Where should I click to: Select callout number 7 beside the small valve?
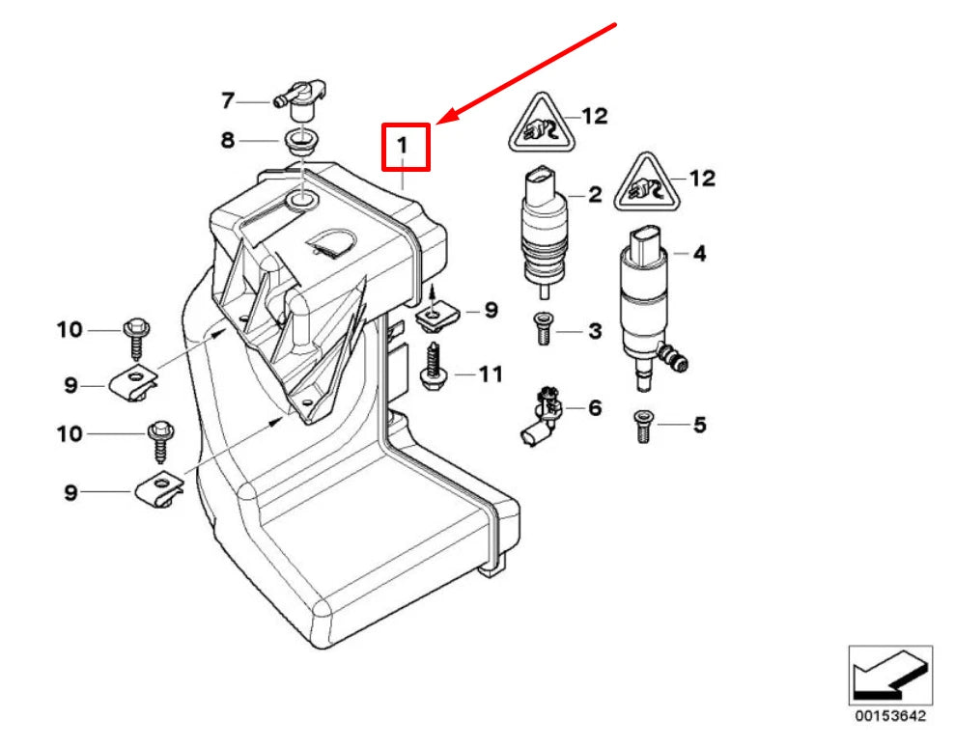[x=228, y=99]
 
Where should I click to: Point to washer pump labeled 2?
[x=545, y=228]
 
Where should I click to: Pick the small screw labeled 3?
[x=541, y=330]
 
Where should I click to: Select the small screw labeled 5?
[x=641, y=425]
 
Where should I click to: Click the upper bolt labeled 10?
[x=134, y=335]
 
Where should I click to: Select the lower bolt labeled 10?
[x=159, y=439]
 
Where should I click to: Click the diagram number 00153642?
[x=889, y=716]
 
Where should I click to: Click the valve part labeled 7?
[x=294, y=97]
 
